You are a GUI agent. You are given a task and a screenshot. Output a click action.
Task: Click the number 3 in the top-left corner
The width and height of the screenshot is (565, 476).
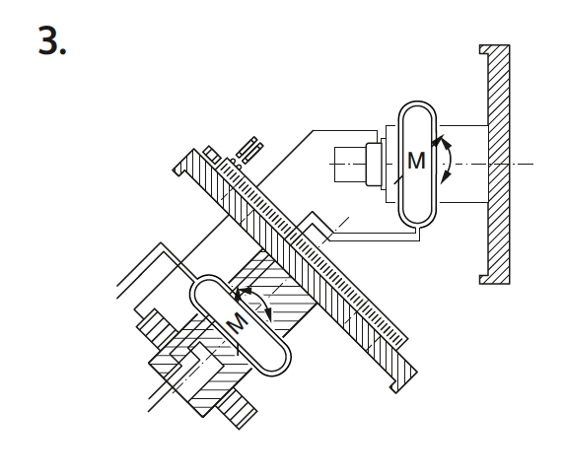point(47,40)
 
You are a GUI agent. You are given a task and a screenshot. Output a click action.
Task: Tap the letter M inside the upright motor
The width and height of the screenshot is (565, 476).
point(416,161)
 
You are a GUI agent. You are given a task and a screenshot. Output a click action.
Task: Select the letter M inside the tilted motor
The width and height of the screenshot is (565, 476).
point(238,322)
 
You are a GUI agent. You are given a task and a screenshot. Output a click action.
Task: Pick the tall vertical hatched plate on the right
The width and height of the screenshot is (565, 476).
point(496,165)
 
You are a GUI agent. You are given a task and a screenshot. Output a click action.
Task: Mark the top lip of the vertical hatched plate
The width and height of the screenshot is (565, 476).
point(484,49)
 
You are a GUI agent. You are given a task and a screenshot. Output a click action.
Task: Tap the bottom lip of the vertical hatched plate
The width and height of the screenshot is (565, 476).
point(484,280)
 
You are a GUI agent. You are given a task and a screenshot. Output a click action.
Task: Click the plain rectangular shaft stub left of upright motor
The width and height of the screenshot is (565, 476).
point(350,165)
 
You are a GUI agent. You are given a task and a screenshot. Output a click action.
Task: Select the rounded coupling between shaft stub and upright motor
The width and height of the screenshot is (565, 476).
point(374,165)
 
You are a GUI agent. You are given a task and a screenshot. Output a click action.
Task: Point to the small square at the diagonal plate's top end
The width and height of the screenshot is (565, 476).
point(212,155)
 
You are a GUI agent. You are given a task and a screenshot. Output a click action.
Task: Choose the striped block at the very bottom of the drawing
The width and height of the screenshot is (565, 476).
point(237,409)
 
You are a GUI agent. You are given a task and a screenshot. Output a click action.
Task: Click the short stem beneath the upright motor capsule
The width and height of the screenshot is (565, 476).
point(419,233)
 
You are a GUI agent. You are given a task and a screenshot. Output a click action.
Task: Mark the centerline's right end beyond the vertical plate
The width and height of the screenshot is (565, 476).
point(533,165)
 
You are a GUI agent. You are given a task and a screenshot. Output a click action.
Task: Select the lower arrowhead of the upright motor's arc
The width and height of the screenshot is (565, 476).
point(446,176)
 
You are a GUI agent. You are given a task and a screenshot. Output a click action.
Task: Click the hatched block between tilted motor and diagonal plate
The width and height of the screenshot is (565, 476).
point(273,291)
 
